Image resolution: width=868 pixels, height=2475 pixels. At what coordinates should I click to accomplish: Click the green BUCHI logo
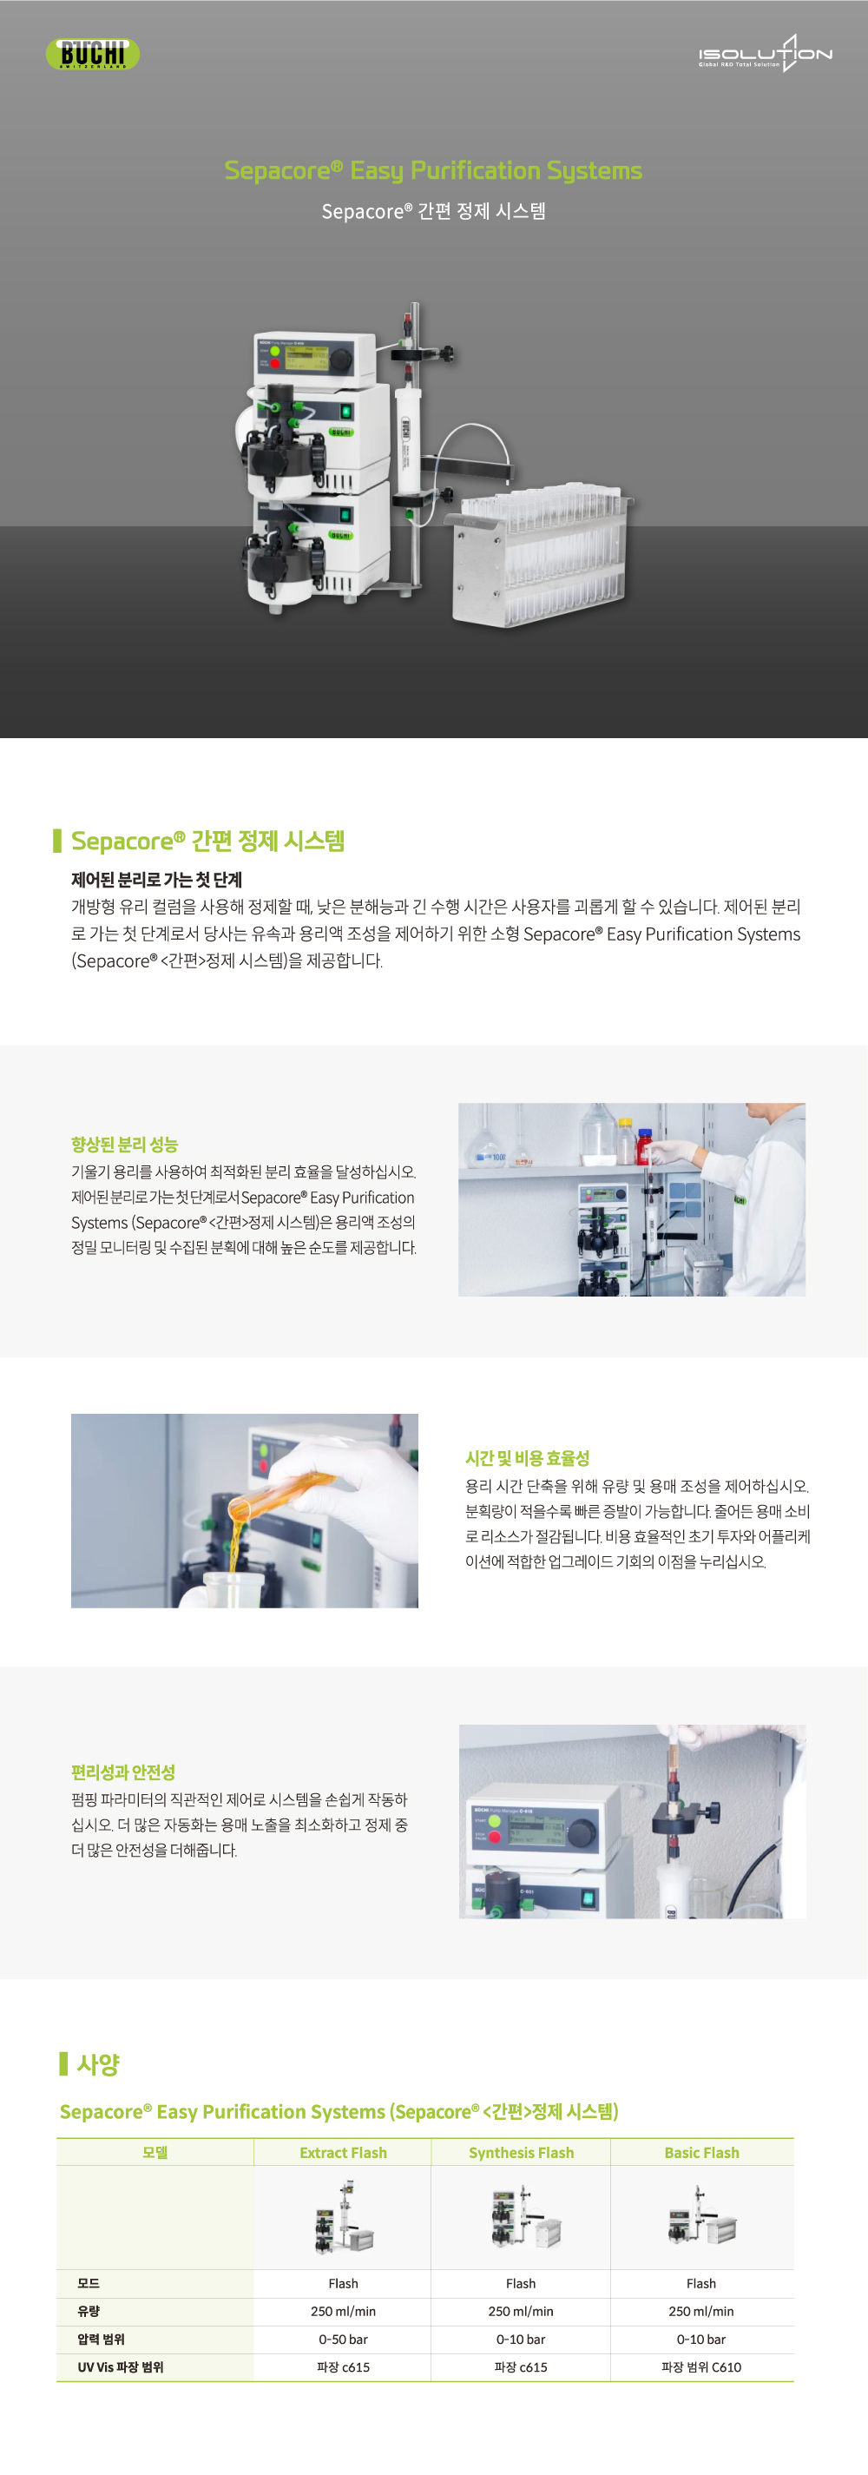92,54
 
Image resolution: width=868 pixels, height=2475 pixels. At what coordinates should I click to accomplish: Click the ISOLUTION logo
765,54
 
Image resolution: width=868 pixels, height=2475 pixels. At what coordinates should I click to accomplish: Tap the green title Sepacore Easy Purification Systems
433,170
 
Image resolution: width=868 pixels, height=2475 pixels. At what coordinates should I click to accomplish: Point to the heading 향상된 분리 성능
124,1145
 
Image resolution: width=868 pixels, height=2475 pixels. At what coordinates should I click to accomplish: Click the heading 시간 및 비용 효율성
527,1457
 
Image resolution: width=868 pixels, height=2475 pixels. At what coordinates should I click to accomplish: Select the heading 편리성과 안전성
123,1772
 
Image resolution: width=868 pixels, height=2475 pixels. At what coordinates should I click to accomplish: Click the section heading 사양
98,2062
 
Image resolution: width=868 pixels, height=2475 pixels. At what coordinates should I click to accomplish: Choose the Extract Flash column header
343,2152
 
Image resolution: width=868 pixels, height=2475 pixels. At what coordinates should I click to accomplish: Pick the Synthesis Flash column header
521,2152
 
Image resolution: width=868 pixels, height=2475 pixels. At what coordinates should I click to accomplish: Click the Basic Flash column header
701,2152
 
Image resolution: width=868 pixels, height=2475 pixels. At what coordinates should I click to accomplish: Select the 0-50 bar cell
343,2339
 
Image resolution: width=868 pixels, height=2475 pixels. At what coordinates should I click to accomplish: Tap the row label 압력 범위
101,2339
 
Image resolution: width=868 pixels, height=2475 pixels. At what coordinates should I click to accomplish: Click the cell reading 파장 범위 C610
701,2366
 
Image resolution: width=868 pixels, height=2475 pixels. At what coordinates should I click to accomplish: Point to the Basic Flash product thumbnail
701,2216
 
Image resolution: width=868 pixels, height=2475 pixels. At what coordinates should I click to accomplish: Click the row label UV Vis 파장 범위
120,2366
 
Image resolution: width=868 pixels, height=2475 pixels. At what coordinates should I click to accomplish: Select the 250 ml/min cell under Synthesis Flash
521,2311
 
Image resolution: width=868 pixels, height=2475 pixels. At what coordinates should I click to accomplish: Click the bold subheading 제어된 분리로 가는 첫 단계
156,879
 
